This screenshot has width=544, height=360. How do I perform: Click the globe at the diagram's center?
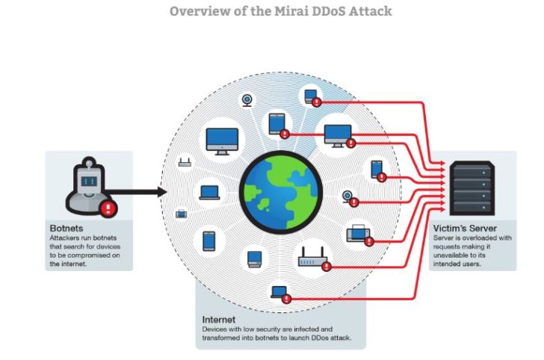click(x=281, y=192)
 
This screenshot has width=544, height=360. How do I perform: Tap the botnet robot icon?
click(x=90, y=186)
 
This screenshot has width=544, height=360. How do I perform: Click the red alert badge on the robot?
click(x=108, y=208)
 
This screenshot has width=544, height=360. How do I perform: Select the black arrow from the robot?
click(x=136, y=192)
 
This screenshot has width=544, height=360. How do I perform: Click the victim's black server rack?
click(x=472, y=188)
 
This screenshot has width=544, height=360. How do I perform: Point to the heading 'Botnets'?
click(x=67, y=229)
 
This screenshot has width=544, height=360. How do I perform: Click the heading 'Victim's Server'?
click(x=465, y=229)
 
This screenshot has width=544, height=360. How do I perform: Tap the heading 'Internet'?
click(x=218, y=320)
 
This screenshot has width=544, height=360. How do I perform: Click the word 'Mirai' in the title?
click(x=292, y=11)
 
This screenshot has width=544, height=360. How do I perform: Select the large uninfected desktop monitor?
click(x=222, y=141)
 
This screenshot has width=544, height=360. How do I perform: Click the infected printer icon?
click(x=359, y=233)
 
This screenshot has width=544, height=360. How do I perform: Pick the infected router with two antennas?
click(x=312, y=257)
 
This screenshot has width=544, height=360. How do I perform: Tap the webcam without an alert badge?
click(x=247, y=101)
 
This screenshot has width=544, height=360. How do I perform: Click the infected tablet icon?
click(x=277, y=124)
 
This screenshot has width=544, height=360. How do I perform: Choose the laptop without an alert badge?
click(x=209, y=193)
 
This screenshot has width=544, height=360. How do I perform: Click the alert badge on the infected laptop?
click(x=286, y=299)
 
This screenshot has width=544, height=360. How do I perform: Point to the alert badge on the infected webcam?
click(x=354, y=202)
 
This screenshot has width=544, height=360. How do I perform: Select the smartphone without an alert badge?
click(x=209, y=241)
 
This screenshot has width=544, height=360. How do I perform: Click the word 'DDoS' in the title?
click(x=329, y=11)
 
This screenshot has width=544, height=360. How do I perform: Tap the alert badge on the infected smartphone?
click(x=382, y=177)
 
